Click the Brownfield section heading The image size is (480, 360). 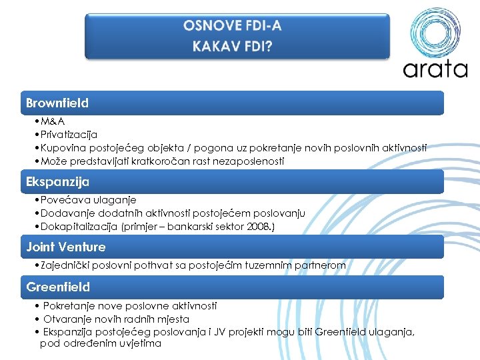(x=57, y=103)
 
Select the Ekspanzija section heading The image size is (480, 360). (x=57, y=181)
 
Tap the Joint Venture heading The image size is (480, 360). (x=66, y=247)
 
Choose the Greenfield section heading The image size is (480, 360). (x=57, y=287)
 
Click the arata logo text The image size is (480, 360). (x=435, y=68)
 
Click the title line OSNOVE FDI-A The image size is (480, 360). (x=233, y=26)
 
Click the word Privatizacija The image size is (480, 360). (x=69, y=135)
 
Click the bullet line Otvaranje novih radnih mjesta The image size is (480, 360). (x=116, y=319)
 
